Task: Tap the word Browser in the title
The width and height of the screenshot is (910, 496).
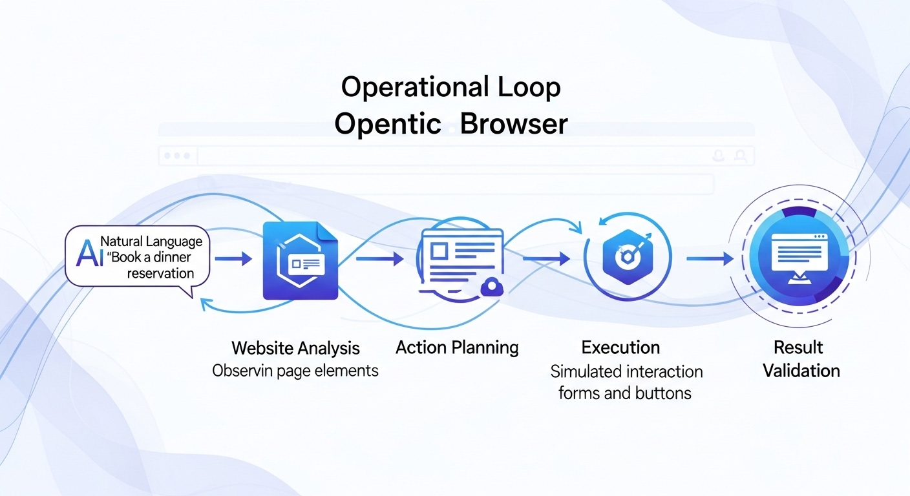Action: tap(514, 124)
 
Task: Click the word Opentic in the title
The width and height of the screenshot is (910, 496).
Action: tap(387, 124)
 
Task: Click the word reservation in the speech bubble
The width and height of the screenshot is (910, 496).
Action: tap(160, 273)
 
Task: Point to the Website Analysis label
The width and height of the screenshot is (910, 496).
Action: tap(295, 349)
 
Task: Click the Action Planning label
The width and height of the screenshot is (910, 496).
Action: tap(457, 347)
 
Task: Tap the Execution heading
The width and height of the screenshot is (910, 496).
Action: tap(620, 347)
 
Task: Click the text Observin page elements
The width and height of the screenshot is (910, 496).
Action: tap(295, 371)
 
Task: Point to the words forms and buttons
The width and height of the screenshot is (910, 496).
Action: tap(625, 393)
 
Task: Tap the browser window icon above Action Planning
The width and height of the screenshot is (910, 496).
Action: tap(460, 258)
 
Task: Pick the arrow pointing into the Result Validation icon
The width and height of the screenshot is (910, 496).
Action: tap(710, 259)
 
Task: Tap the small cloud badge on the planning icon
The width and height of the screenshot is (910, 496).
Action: tap(492, 286)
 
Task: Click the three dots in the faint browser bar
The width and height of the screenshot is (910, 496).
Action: tap(178, 156)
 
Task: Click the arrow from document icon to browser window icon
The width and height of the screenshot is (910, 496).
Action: tap(379, 259)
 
